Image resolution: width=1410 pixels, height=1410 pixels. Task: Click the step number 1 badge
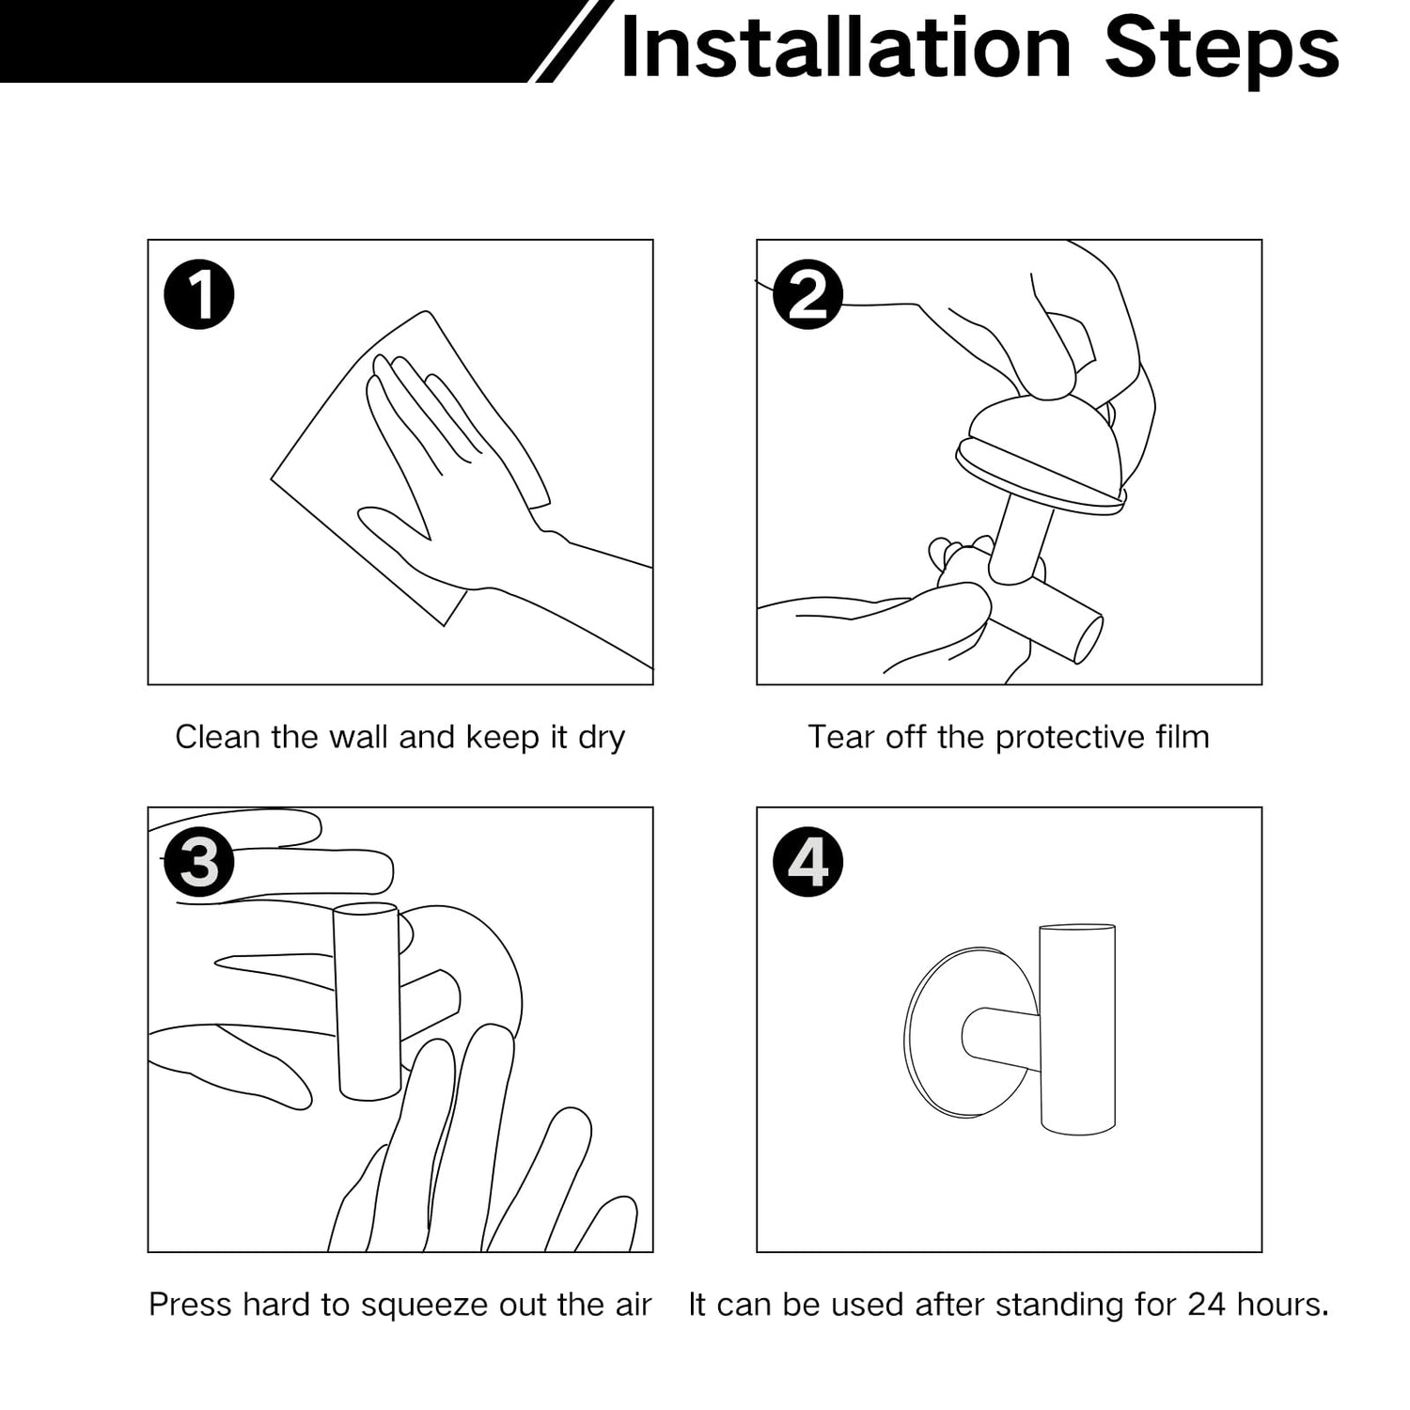[199, 294]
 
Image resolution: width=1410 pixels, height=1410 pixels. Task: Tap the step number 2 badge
[807, 294]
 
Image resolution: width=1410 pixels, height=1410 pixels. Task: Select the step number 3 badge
[199, 862]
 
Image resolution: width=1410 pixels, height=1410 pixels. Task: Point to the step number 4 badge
[807, 862]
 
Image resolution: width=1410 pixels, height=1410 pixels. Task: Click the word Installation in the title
[846, 48]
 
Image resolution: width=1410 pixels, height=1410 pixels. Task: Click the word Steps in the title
[1221, 51]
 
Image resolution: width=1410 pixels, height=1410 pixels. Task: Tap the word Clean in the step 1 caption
[218, 737]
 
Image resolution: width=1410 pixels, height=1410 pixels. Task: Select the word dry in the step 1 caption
[602, 739]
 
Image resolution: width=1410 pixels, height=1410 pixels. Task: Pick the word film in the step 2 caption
[1183, 737]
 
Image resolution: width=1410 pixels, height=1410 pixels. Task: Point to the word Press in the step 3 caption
[190, 1305]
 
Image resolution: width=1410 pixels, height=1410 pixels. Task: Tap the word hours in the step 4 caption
[1279, 1305]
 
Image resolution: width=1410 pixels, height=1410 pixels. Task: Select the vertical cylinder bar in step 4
[1077, 1029]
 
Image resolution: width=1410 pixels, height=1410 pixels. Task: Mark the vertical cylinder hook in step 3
[368, 1001]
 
